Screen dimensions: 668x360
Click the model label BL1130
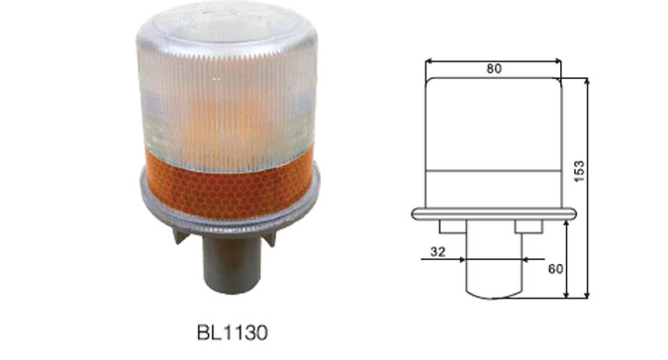(x=233, y=332)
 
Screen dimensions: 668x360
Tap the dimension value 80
(x=494, y=68)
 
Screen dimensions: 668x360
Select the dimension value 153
(x=579, y=171)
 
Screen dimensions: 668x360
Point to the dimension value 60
(x=555, y=269)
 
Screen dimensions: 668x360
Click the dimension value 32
(x=437, y=252)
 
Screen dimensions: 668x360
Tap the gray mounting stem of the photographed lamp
(x=232, y=264)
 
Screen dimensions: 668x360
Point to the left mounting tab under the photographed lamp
(x=181, y=235)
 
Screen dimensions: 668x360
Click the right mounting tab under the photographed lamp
(x=269, y=238)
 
